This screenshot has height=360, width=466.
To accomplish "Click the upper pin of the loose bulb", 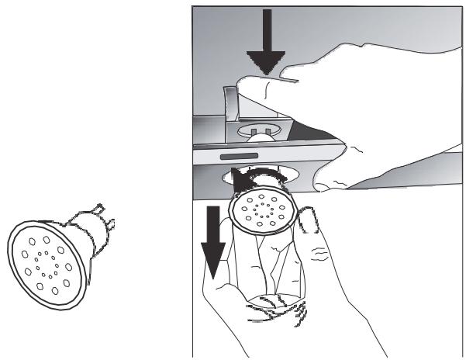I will [x=102, y=209].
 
